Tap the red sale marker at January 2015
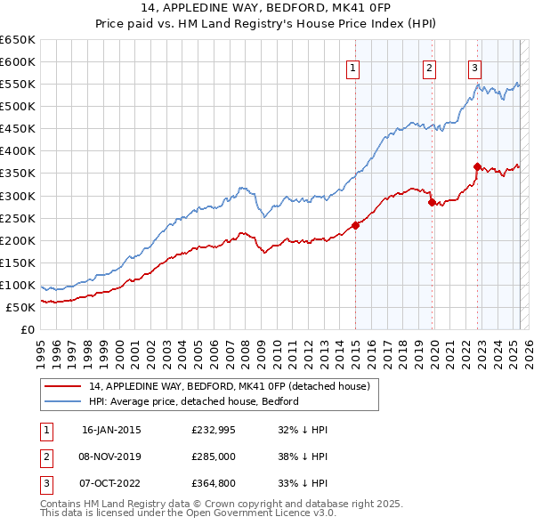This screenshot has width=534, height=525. (355, 225)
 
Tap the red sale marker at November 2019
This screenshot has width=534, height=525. (432, 202)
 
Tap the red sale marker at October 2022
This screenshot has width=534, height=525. (477, 166)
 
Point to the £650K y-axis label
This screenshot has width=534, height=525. (18, 40)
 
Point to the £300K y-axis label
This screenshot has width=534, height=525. (18, 196)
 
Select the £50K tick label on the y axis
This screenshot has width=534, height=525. (21, 307)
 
